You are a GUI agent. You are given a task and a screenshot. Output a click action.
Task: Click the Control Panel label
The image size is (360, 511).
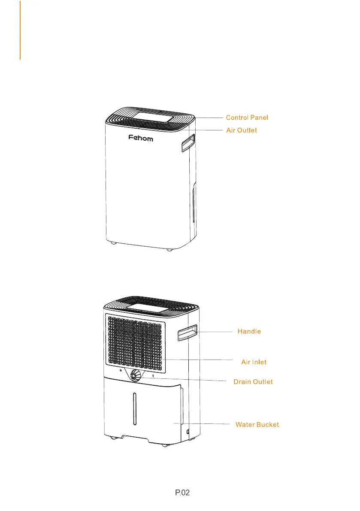[x=247, y=117]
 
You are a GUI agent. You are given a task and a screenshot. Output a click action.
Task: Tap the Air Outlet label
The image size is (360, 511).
[x=242, y=130]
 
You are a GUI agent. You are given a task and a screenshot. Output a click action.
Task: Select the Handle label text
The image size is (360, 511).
[x=249, y=332]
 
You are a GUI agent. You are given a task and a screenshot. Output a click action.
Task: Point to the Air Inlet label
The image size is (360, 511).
[x=254, y=362]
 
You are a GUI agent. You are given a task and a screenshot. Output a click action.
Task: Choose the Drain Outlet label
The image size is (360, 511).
[x=253, y=381]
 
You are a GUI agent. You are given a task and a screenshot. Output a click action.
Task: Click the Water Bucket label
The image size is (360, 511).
[x=257, y=425]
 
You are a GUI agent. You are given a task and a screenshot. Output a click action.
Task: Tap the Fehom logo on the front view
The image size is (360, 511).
[x=141, y=139]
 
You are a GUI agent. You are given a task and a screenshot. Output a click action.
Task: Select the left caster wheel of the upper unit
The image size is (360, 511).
[x=113, y=243]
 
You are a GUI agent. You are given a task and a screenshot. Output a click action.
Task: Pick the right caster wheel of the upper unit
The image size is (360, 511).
[x=170, y=249]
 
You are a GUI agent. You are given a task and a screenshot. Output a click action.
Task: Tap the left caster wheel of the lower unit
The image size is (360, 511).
[x=113, y=438]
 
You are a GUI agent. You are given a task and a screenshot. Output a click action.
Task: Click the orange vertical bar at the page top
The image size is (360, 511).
[x=20, y=30]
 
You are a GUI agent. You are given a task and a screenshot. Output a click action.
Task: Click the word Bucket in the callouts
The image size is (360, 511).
[x=268, y=425]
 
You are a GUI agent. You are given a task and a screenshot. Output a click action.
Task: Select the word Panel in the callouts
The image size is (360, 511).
[x=259, y=117]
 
